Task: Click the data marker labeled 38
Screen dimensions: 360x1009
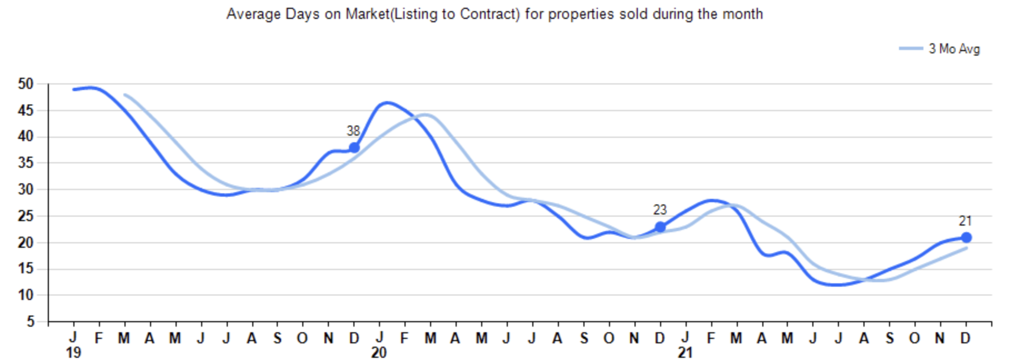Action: [354, 148]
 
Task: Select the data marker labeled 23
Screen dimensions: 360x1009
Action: [660, 227]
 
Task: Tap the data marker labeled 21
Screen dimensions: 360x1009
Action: [966, 237]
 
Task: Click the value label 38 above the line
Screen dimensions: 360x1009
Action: [353, 131]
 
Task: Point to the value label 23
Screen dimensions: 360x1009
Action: [660, 210]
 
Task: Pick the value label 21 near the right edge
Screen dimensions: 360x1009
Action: [965, 221]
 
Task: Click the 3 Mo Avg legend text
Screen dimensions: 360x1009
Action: [954, 49]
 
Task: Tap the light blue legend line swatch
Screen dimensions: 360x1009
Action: [911, 49]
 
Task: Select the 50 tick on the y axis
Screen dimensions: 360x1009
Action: [26, 84]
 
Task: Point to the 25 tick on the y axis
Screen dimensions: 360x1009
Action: [26, 216]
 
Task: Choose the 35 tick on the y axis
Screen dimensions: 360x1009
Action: [26, 163]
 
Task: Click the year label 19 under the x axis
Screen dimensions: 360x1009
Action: [73, 353]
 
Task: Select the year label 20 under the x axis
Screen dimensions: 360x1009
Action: [379, 353]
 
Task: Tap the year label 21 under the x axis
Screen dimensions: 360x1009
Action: [685, 353]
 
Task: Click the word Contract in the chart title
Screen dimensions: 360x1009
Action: [489, 14]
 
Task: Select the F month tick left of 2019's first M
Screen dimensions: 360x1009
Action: [99, 338]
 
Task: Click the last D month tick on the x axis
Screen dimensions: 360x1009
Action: [966, 338]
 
